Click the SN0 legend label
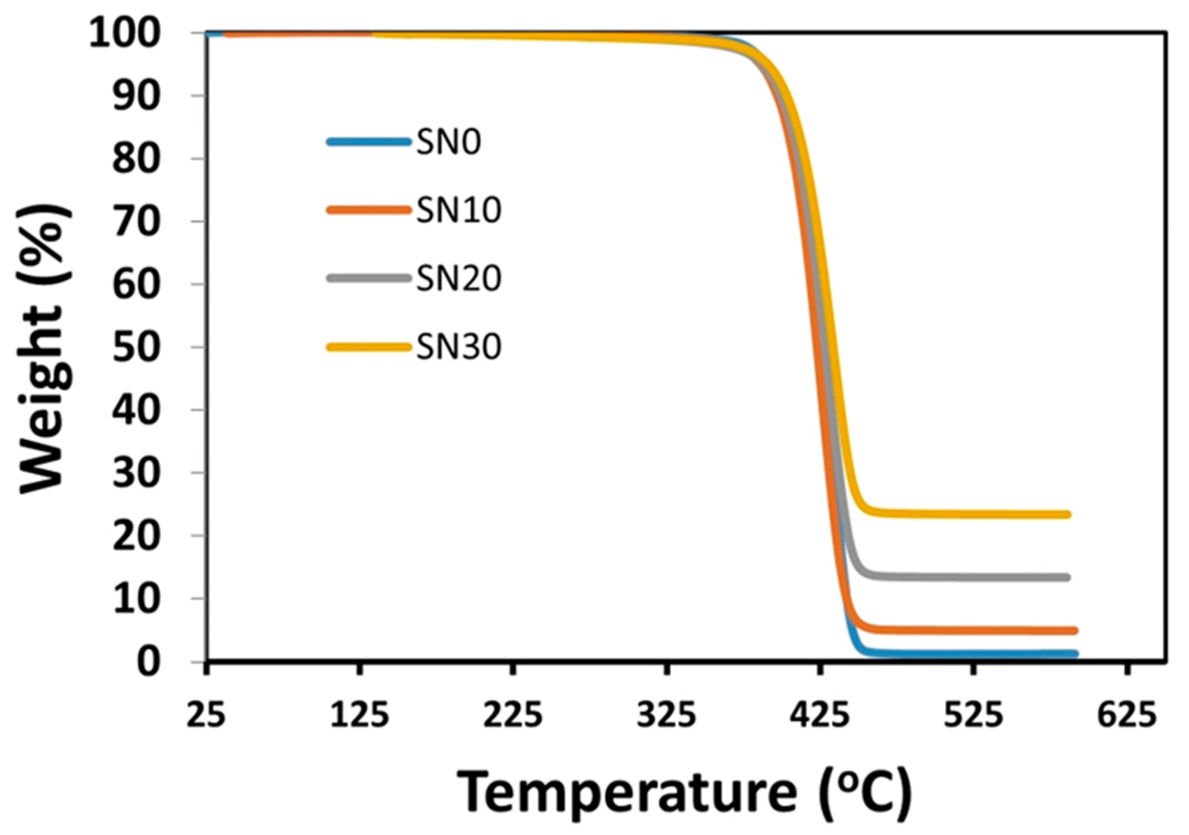pos(448,142)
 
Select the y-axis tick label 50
pos(136,347)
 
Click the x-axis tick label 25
pos(206,716)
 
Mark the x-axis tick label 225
pos(513,716)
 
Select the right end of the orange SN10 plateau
pos(1074,630)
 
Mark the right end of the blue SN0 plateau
pos(1074,654)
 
